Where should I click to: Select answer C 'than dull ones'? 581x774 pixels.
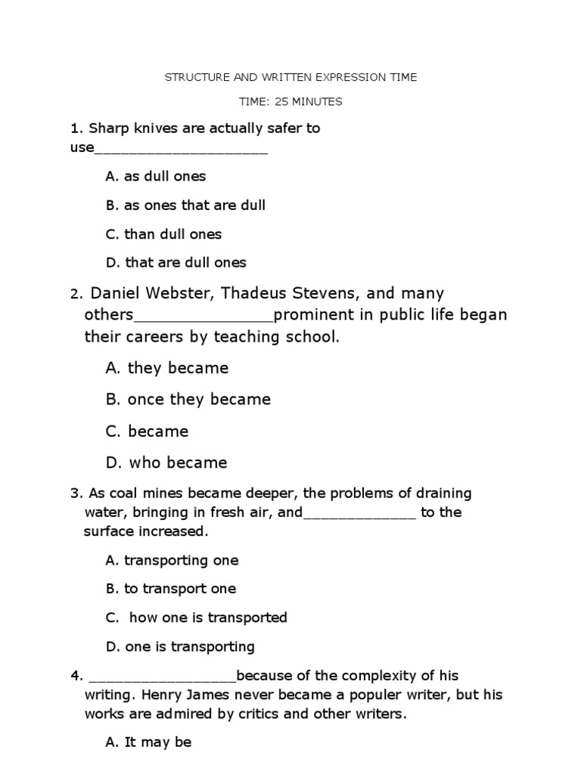click(163, 234)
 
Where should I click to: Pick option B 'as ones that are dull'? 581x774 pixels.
click(185, 205)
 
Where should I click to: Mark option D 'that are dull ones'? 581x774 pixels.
click(176, 263)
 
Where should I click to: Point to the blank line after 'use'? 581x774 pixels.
click(181, 148)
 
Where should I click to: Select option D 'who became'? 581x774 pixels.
click(166, 463)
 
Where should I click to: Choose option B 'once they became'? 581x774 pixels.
click(188, 399)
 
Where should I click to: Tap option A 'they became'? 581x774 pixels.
click(167, 368)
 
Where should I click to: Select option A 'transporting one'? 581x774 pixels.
click(172, 560)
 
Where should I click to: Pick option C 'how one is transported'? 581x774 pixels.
click(197, 618)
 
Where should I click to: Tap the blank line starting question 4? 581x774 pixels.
click(163, 676)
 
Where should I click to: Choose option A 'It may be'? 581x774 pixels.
click(148, 742)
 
